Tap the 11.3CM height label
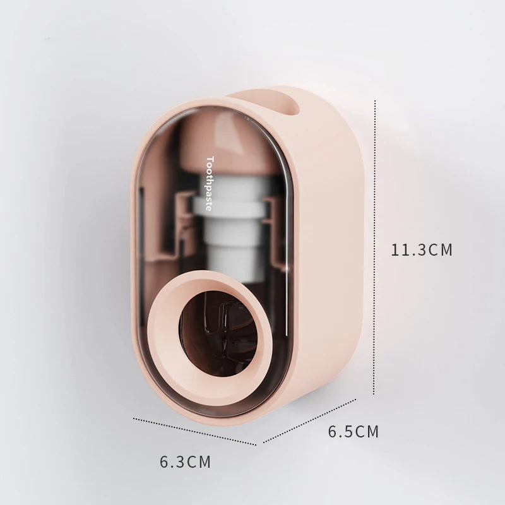(422, 250)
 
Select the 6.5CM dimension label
(353, 432)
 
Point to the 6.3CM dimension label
(185, 461)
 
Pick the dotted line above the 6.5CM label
(309, 421)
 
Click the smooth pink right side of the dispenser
(335, 252)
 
